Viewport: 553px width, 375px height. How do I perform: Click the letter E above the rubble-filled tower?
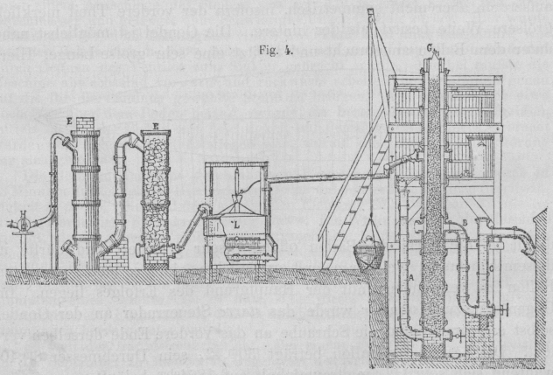tap(154, 127)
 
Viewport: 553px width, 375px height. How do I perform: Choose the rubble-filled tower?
tap(155, 197)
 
